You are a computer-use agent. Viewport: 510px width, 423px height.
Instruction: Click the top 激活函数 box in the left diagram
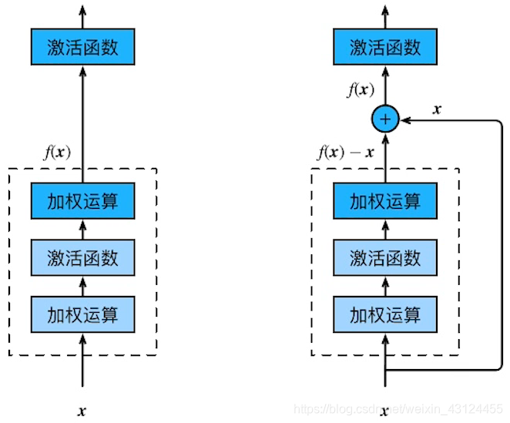[x=82, y=47]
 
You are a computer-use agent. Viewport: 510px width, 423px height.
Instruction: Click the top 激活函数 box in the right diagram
[x=385, y=47]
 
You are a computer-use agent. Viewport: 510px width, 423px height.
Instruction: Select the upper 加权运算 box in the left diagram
[x=82, y=201]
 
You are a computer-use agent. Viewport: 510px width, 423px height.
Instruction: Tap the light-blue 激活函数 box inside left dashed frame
[x=82, y=257]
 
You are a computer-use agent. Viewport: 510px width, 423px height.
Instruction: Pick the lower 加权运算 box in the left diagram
[x=82, y=314]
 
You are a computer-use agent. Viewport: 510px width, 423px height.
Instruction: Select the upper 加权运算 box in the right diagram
[x=385, y=201]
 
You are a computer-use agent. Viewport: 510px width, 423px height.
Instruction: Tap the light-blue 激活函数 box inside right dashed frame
[x=385, y=257]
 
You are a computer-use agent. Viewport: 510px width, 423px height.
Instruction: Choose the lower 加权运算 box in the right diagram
[x=385, y=314]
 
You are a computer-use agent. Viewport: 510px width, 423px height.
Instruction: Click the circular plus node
[x=385, y=119]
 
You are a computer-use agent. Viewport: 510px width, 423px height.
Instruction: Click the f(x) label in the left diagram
[x=56, y=152]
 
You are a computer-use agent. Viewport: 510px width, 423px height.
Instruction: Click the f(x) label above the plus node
[x=360, y=90]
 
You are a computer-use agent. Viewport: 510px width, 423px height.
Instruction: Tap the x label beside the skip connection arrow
[x=438, y=109]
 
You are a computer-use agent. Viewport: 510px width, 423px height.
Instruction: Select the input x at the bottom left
[x=82, y=411]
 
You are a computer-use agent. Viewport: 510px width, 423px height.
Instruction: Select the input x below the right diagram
[x=384, y=411]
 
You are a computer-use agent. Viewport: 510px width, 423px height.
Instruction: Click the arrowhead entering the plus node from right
[x=405, y=119]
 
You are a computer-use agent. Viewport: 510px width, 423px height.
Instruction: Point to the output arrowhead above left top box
[x=82, y=9]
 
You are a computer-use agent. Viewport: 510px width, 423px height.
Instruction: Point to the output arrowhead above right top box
[x=385, y=9]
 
